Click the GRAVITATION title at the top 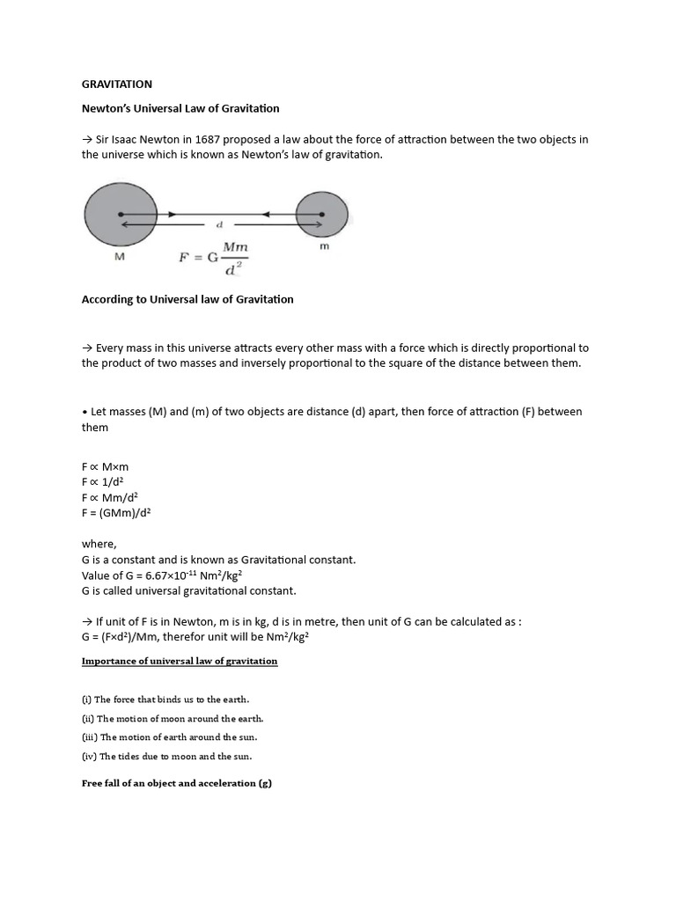coord(116,84)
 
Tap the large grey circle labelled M coord(121,214)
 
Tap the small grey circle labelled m coord(322,214)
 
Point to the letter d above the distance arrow coord(220,224)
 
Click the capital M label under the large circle coord(120,257)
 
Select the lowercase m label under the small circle coord(323,247)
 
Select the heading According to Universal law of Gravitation coord(187,299)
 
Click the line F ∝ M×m coord(106,466)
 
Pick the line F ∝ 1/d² coord(102,481)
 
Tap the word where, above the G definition coord(99,544)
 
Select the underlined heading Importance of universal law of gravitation coord(180,661)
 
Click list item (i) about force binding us coord(165,700)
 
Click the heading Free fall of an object coord(177,784)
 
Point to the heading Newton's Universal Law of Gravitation coord(180,108)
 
